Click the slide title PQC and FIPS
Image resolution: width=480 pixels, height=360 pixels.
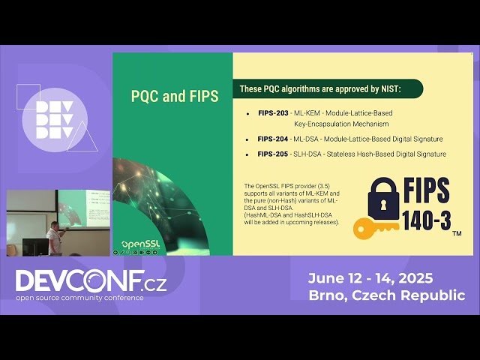174,96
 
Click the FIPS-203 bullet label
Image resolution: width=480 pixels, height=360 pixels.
272,112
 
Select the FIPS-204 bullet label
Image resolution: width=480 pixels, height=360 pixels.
272,139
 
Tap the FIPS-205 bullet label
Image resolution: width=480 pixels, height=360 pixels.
272,154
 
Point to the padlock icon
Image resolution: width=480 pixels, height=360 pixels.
382,199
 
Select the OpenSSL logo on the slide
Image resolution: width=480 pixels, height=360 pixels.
138,244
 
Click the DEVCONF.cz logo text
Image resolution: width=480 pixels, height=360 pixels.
91,281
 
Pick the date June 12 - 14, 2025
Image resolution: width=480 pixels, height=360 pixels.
370,278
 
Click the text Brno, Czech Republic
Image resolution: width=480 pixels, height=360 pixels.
386,295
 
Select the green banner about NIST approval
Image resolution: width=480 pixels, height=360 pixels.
328,88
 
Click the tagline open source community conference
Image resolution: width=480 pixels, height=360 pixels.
79,298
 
